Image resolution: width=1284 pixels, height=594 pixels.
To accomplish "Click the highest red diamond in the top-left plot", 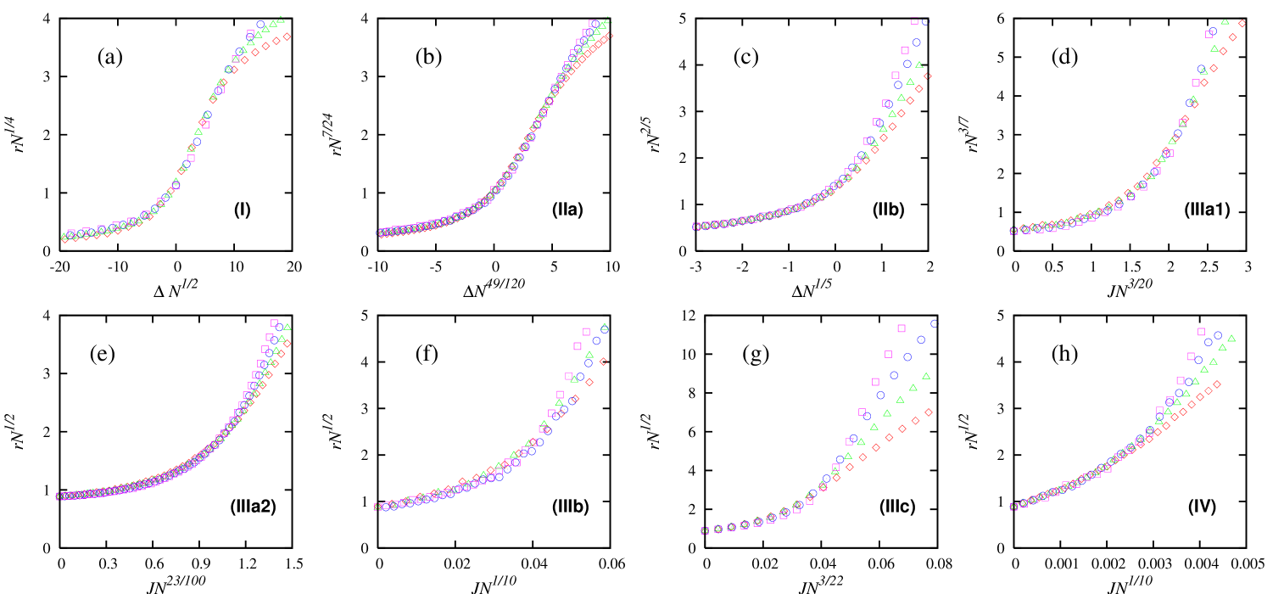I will (287, 36).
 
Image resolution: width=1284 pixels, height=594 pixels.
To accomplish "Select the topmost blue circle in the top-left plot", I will (260, 25).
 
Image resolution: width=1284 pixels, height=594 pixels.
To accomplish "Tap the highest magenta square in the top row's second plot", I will (592, 24).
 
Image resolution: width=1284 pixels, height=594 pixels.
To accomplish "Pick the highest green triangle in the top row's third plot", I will (919, 64).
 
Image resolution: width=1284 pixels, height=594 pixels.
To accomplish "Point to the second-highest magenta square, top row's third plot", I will (905, 50).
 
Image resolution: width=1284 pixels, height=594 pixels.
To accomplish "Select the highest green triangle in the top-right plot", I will (1225, 21).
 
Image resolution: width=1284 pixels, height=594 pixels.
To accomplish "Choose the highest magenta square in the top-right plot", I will (1209, 34).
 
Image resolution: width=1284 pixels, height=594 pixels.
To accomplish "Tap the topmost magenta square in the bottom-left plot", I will (274, 322).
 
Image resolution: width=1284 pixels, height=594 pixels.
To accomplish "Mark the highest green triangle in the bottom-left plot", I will (288, 327).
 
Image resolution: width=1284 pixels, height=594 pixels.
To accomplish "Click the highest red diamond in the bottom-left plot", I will (288, 344).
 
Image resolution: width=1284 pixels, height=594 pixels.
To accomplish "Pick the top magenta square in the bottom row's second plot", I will (586, 332).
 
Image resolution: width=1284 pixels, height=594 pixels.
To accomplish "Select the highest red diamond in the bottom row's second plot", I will (603, 361).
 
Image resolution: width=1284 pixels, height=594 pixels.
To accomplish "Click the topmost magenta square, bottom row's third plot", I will (902, 328).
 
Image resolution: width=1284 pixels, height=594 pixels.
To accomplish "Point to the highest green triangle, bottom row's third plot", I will (926, 376).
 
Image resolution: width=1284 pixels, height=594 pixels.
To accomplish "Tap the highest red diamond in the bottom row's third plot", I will (929, 412).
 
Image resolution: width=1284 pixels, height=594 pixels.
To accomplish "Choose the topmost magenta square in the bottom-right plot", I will (1201, 332).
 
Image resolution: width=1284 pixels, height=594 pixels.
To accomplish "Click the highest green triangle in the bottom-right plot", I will (1231, 339).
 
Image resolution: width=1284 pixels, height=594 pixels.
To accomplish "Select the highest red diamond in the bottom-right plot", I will (1217, 384).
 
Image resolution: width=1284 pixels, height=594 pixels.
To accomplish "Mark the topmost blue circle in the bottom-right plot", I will (1218, 335).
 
